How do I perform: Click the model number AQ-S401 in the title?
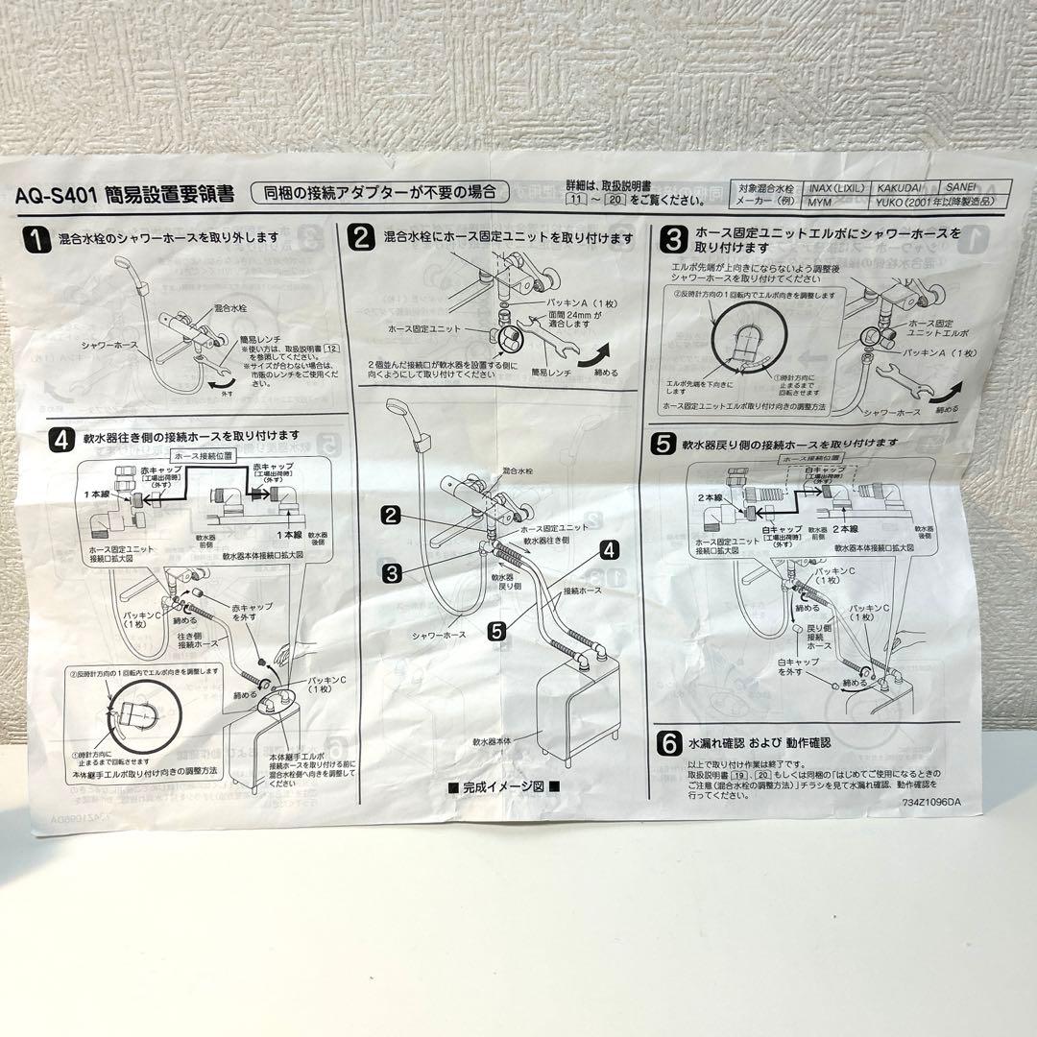59,195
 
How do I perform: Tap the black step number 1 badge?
36,239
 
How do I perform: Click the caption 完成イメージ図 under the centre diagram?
503,785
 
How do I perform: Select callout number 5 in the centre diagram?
495,631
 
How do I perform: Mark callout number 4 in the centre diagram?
608,550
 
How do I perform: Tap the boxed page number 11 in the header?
576,202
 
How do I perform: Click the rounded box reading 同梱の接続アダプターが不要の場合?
379,192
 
